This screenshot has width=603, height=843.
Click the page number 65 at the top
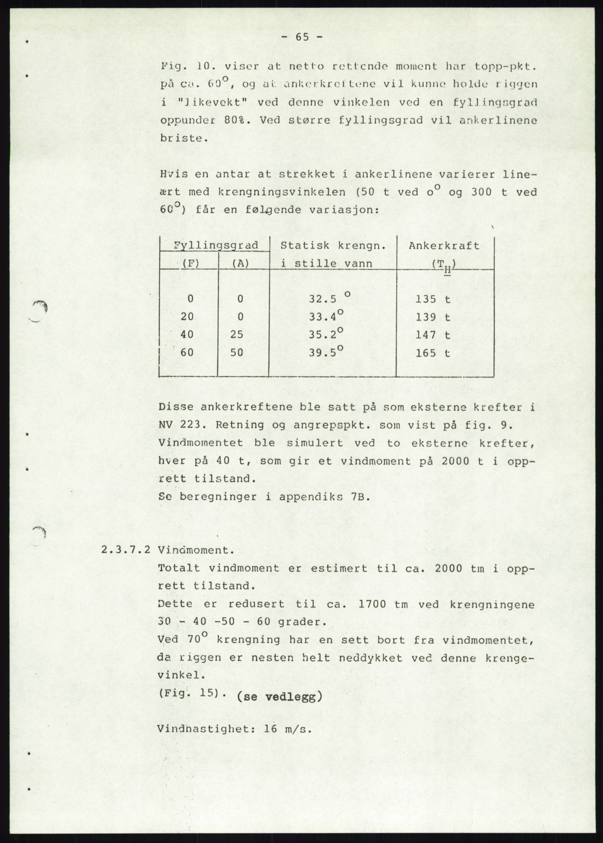(302, 37)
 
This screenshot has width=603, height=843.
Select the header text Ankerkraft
(444, 246)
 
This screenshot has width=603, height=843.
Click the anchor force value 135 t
(433, 299)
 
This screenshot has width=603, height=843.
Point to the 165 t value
(433, 353)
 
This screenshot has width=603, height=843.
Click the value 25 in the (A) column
(237, 335)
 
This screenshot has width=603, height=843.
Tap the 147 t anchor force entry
(433, 335)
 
